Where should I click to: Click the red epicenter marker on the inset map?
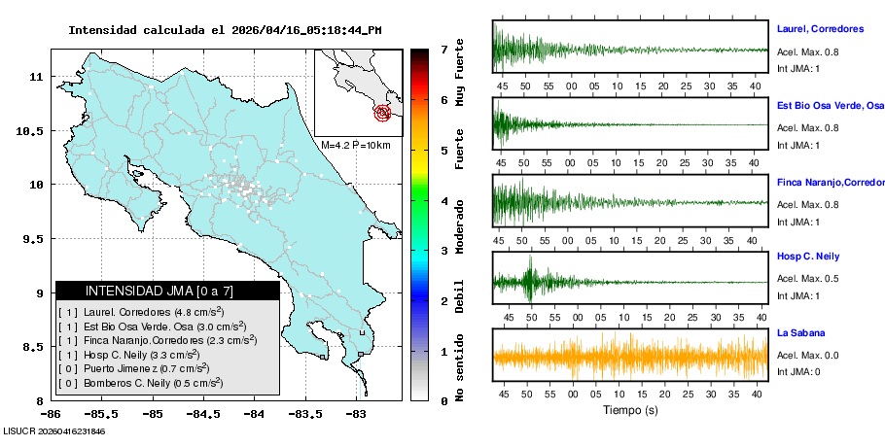384,113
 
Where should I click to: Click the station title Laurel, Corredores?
821,29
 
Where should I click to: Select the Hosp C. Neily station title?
809,257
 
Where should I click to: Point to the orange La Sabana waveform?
630,357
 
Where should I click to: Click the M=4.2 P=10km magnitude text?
355,145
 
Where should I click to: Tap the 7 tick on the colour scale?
443,49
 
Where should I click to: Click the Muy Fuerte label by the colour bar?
459,73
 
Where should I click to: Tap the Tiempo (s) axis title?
630,410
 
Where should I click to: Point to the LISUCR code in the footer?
53,430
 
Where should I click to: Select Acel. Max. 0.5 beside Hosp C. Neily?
807,279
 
